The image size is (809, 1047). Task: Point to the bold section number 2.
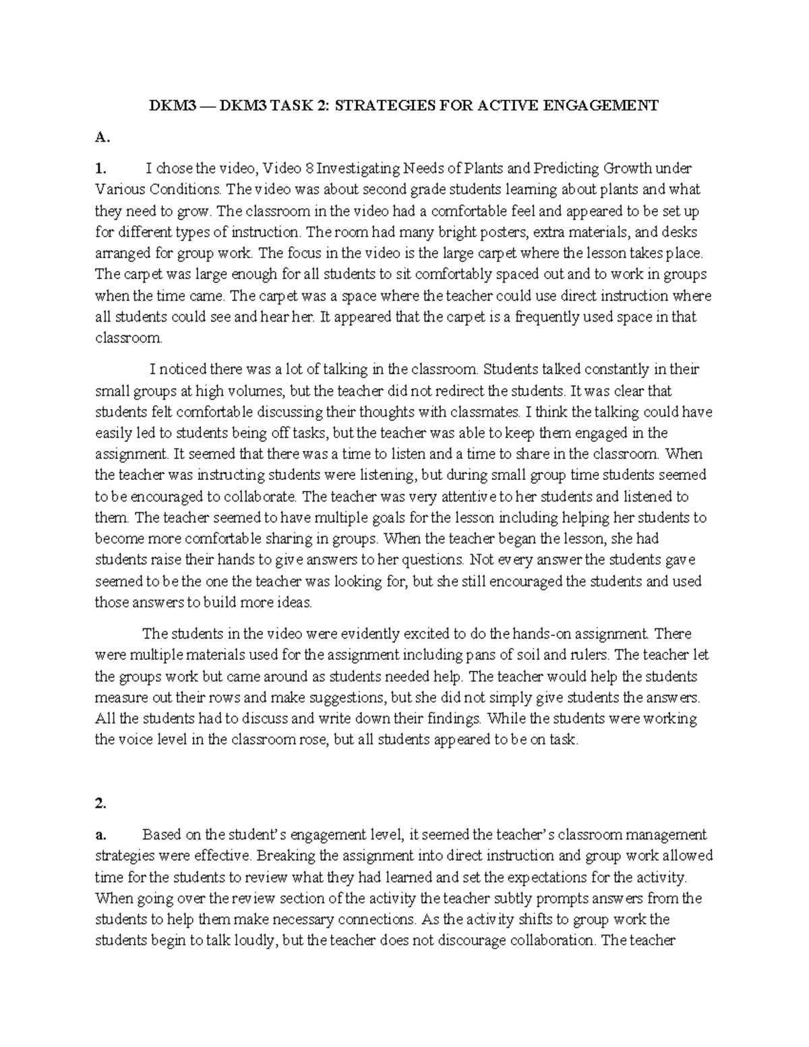click(x=100, y=803)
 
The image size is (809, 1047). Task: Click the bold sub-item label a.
click(x=99, y=835)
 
